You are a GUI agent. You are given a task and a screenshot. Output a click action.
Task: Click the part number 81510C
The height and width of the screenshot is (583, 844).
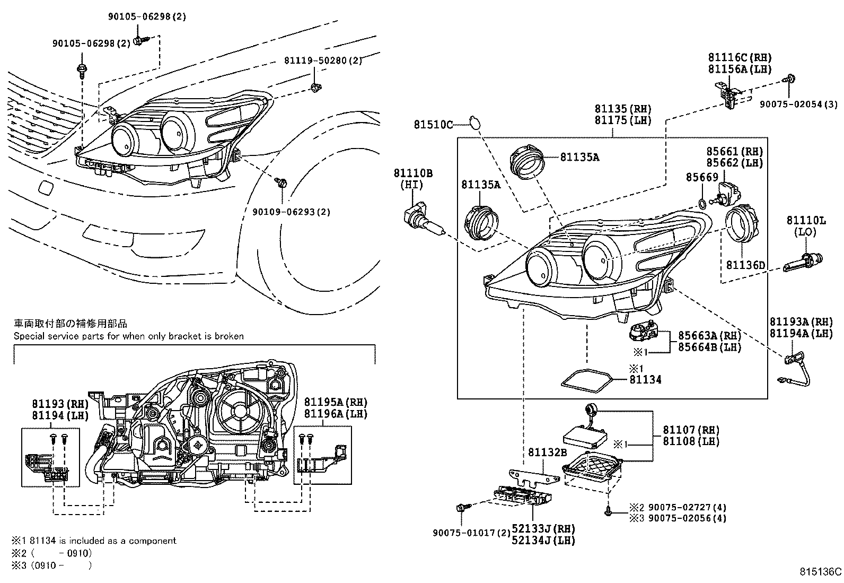[433, 125]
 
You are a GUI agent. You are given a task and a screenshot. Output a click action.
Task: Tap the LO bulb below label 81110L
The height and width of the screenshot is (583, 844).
[803, 262]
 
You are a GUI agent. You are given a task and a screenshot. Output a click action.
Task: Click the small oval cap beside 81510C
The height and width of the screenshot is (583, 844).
[475, 123]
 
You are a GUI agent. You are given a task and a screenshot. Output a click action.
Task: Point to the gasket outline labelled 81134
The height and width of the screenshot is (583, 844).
[587, 381]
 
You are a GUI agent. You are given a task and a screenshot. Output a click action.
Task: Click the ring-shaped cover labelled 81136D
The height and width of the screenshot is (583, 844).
[742, 225]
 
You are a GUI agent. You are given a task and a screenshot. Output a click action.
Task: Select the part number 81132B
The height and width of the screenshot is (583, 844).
[547, 452]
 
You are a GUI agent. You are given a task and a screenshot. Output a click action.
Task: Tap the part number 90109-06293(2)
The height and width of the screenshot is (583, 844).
[291, 212]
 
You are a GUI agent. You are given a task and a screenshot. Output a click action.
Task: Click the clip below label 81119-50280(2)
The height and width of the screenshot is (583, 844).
[316, 88]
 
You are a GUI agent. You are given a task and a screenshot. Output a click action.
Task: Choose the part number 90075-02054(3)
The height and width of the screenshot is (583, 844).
[798, 105]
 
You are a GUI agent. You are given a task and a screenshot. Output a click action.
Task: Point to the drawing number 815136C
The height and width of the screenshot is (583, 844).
[820, 572]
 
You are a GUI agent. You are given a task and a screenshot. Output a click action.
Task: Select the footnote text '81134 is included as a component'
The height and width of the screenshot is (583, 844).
[103, 541]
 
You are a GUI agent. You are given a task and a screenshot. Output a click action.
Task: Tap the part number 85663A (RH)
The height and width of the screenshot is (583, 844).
[709, 336]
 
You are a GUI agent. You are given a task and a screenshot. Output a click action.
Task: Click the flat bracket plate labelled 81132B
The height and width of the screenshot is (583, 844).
[533, 477]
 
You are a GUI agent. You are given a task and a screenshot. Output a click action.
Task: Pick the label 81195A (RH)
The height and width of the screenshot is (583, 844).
[336, 402]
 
